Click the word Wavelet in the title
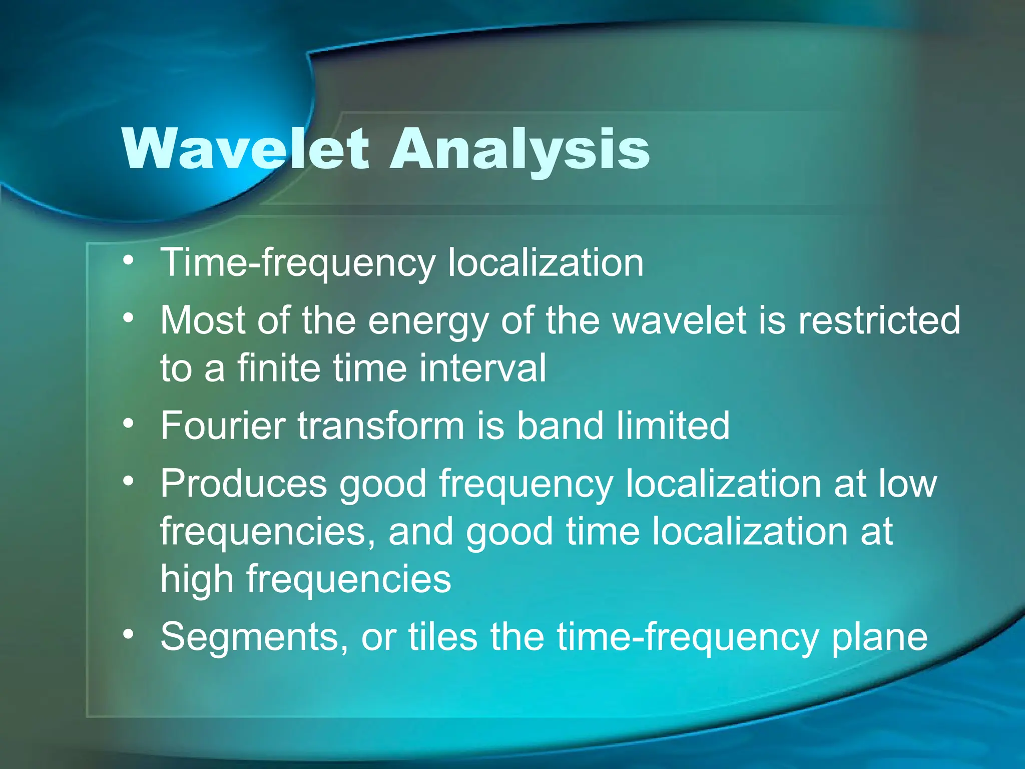[x=245, y=149]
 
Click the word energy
[x=428, y=321]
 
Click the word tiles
[x=442, y=637]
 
